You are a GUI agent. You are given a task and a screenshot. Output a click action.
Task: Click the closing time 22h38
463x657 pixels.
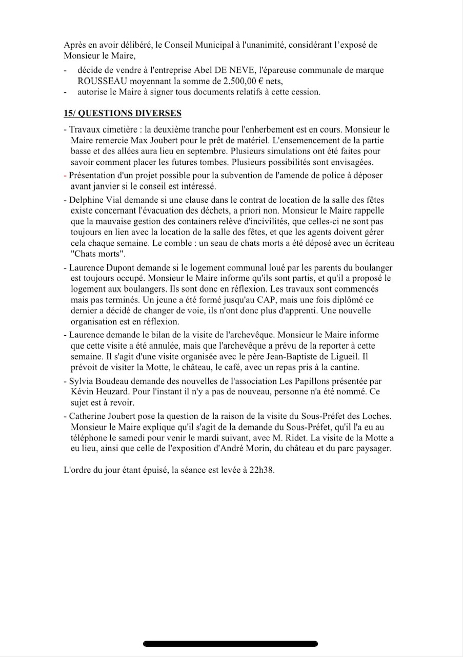click(x=264, y=470)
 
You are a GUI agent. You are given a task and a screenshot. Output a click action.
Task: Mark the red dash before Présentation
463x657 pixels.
click(x=65, y=175)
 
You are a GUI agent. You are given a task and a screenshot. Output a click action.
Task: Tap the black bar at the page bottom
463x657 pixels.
click(x=231, y=644)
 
